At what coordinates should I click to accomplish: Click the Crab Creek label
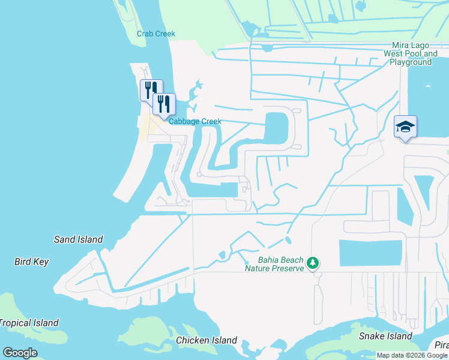coord(156,34)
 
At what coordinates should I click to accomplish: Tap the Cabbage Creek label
coord(195,121)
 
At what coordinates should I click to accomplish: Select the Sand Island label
coord(78,239)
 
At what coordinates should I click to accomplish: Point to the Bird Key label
coord(31,262)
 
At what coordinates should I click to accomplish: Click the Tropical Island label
coord(29,323)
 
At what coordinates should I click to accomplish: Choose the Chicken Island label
coord(206,340)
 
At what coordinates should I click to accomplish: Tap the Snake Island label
coord(385,336)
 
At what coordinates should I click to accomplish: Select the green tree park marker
coord(312,263)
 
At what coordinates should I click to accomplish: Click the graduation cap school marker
coord(405,127)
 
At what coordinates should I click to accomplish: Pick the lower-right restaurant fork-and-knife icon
coord(163,104)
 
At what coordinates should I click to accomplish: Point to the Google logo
coord(20,353)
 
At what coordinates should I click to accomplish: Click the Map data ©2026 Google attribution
coord(412,355)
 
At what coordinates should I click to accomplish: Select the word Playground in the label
coord(411,62)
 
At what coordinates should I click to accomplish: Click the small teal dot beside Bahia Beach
coord(246,262)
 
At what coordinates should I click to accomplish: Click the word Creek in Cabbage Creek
coord(209,121)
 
